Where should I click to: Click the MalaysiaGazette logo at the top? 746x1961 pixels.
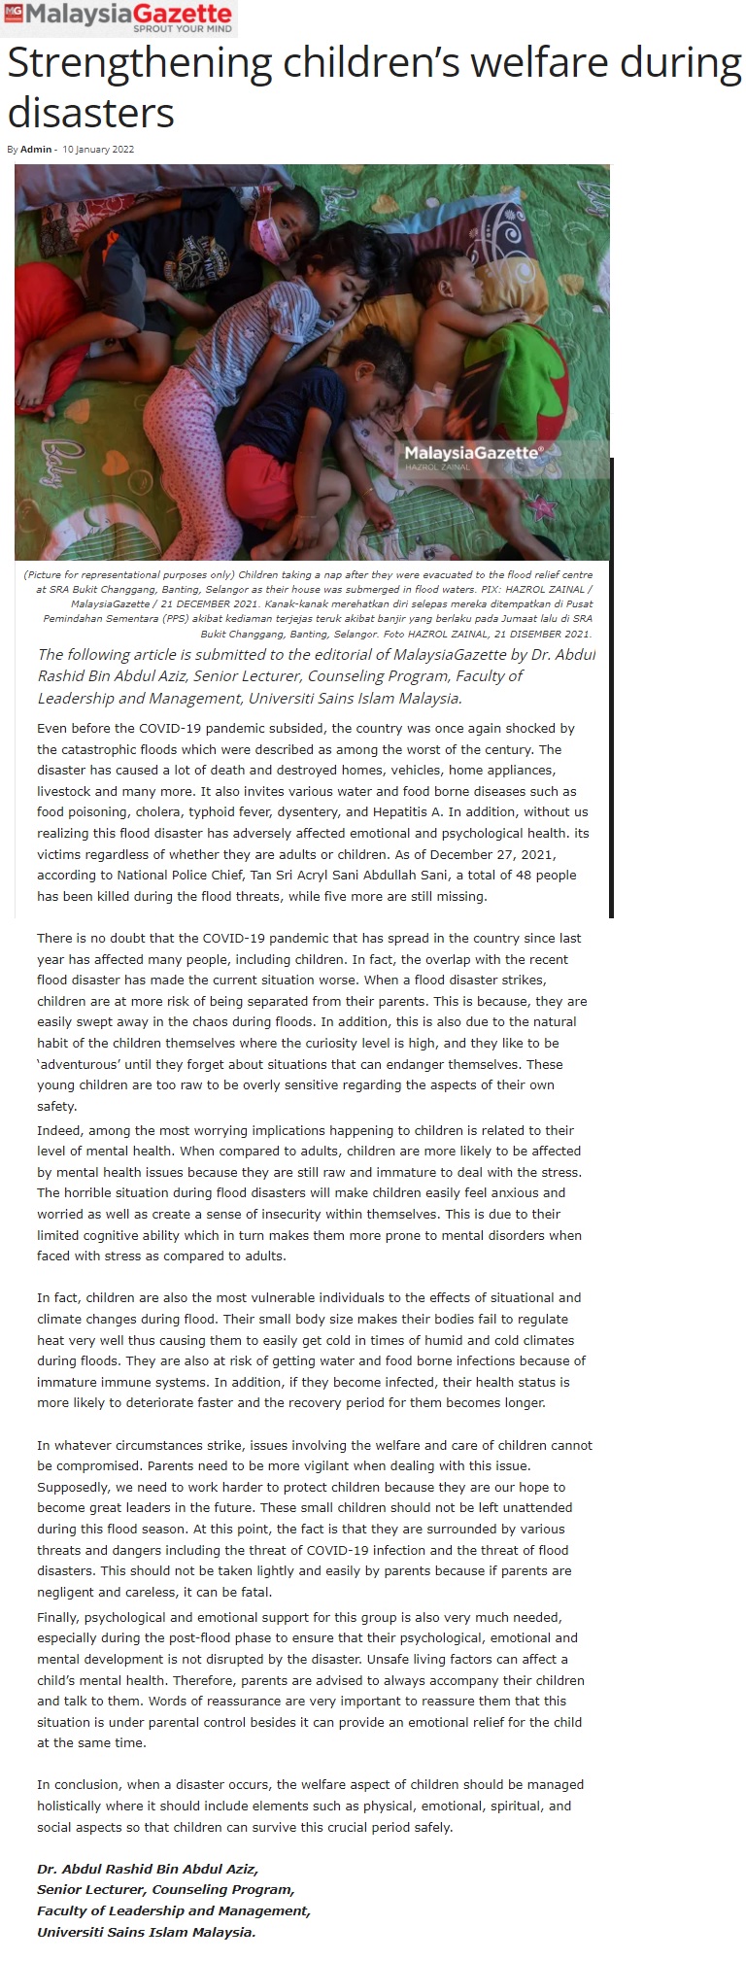(119, 17)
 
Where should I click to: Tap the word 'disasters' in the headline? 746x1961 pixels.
(90, 113)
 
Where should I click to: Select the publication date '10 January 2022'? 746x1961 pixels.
(98, 150)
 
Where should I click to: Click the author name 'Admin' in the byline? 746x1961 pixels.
(36, 150)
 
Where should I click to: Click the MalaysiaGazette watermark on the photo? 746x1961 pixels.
(472, 453)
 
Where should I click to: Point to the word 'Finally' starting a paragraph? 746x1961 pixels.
(58, 1618)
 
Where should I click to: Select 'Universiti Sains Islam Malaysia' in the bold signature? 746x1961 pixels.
(146, 1933)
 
